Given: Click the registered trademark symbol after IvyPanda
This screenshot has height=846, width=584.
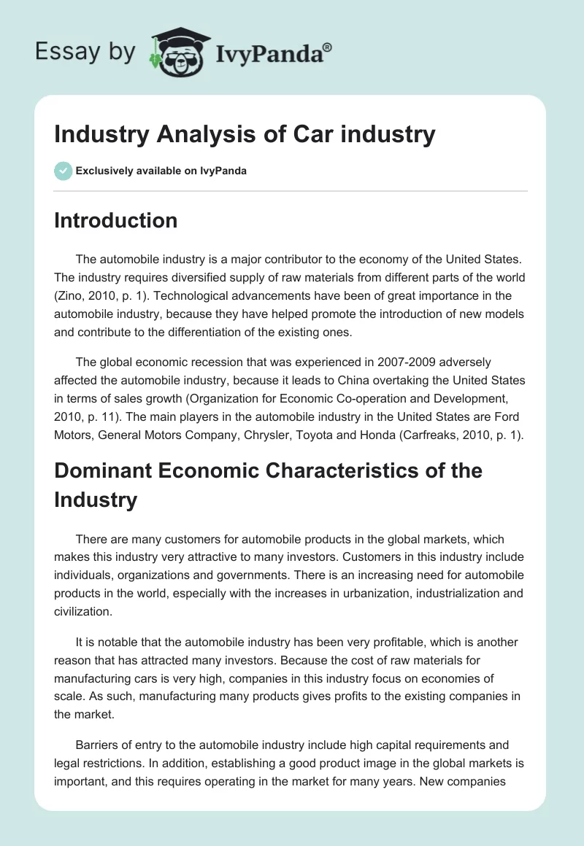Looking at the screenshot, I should point(328,47).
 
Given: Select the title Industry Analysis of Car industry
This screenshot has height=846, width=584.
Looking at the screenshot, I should point(245,134).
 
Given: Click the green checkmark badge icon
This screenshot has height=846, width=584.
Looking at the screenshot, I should point(63,171).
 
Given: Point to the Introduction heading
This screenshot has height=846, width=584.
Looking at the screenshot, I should point(115,220).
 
